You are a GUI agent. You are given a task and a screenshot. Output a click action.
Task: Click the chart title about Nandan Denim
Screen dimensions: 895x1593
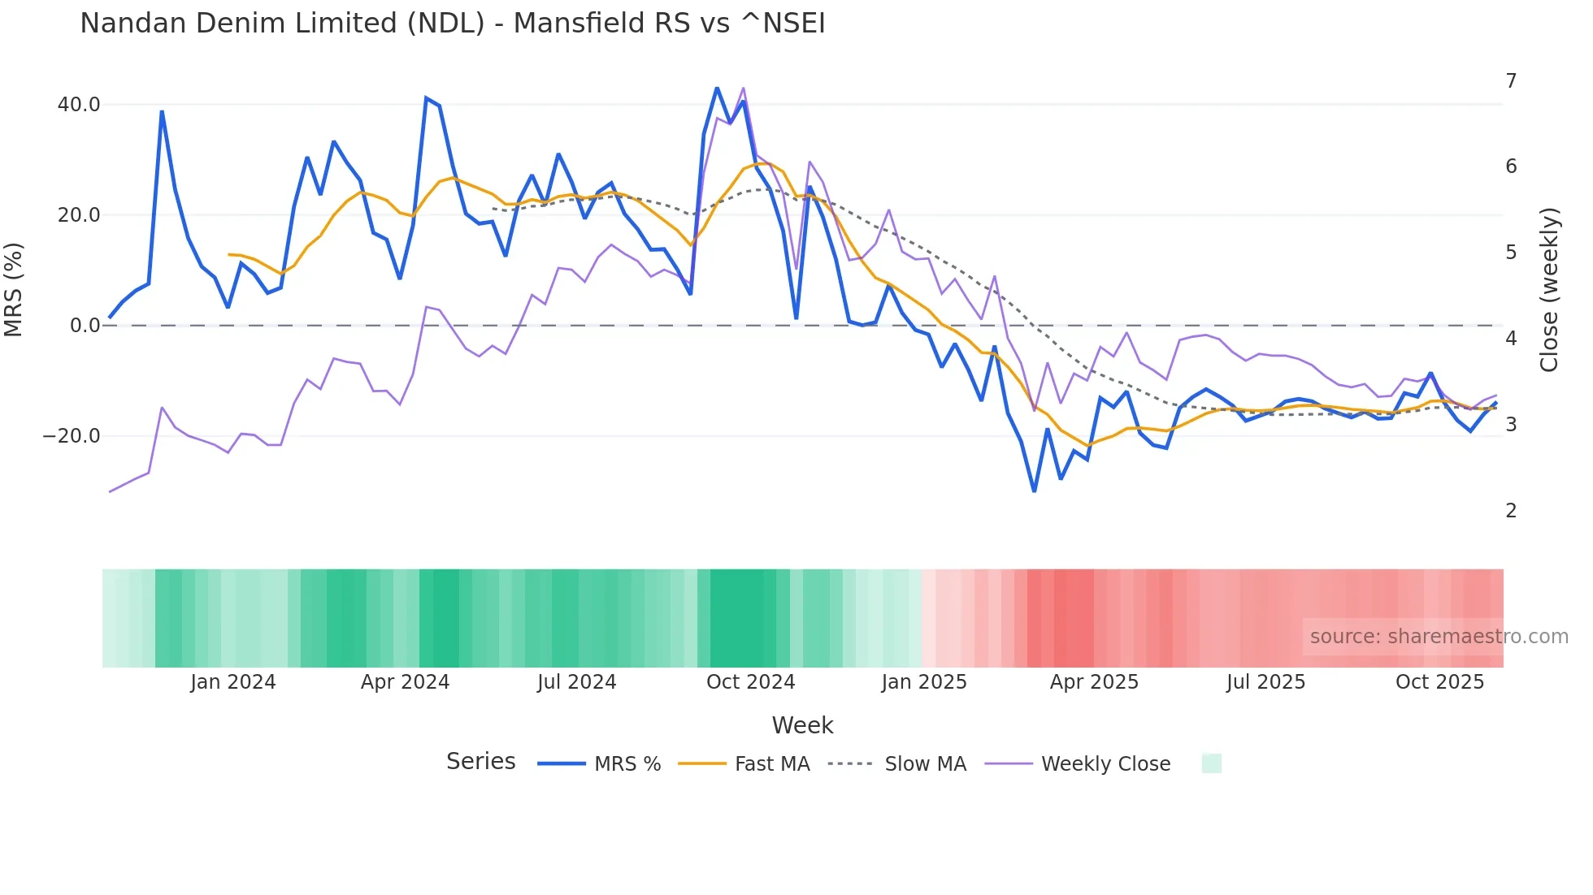[x=452, y=24]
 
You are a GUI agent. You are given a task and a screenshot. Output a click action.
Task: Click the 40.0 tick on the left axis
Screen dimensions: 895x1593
[x=79, y=105]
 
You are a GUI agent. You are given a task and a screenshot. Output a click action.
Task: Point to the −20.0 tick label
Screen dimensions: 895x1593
[x=72, y=436]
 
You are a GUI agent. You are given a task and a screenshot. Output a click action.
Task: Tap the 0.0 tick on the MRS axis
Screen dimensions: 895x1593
[x=85, y=326]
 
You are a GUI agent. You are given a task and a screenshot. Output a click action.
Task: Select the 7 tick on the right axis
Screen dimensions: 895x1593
[x=1511, y=81]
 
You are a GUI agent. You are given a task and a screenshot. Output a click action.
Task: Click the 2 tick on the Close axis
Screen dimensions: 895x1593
[x=1511, y=511]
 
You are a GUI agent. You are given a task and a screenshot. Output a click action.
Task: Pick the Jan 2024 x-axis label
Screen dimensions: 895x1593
[x=233, y=682]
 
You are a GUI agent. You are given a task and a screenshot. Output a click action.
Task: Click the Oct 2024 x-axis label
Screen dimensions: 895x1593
[x=750, y=682]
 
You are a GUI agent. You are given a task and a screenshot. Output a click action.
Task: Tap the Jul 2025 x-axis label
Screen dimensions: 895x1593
[x=1265, y=682]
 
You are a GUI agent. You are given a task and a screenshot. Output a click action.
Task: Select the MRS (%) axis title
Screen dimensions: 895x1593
[x=14, y=290]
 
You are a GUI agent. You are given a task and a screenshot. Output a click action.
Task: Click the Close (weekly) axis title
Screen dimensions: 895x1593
[x=1549, y=290]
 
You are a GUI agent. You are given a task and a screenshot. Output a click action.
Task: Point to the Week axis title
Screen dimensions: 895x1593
[x=802, y=725]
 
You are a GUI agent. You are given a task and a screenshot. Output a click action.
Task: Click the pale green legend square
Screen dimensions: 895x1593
[x=1211, y=763]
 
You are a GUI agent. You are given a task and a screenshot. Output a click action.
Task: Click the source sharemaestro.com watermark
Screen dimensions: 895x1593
[x=1439, y=637]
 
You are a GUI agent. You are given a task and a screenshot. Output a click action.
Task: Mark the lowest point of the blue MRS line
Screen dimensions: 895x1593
[x=1034, y=491]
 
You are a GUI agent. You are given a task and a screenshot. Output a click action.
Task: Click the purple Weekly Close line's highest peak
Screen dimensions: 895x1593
[x=743, y=89]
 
